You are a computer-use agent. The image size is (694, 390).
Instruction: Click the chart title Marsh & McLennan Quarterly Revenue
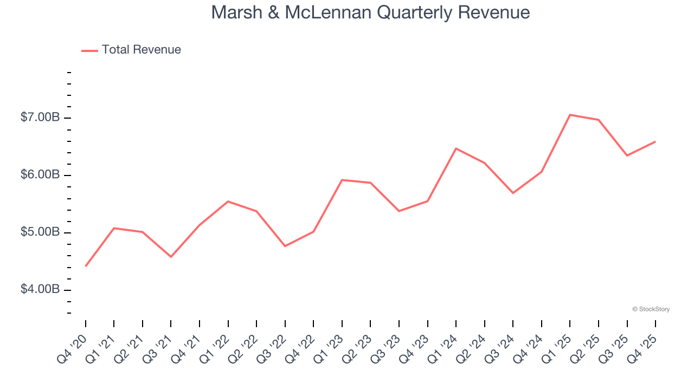[370, 12]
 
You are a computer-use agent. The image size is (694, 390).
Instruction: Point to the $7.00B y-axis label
[40, 118]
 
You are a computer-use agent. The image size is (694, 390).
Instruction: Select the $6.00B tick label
[40, 175]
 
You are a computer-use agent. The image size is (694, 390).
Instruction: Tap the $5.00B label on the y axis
[40, 232]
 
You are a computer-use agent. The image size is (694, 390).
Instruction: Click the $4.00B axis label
[40, 290]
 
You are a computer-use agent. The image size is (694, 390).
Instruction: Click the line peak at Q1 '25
[570, 115]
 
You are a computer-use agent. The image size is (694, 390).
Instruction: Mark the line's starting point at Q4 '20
[86, 266]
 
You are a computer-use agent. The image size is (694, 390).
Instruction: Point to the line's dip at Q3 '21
[171, 257]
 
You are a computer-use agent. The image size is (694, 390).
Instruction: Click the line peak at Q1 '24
[456, 148]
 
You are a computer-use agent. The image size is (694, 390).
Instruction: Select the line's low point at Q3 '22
[285, 246]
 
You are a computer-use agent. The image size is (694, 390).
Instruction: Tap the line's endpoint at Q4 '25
[655, 142]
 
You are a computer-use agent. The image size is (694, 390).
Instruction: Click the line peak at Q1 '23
[342, 180]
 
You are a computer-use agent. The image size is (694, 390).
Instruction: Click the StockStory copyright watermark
[651, 309]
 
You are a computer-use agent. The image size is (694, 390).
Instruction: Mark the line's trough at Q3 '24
[513, 193]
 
